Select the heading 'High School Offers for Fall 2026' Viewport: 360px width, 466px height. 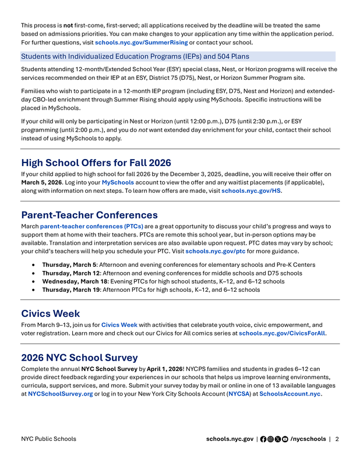(x=96, y=163)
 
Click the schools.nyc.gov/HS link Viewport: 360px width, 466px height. (x=251, y=190)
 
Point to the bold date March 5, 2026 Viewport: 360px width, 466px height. (x=41, y=182)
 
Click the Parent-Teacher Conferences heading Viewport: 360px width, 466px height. (x=89, y=215)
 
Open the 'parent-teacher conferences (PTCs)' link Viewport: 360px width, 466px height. (x=91, y=226)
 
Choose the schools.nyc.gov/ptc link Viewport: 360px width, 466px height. (x=215, y=251)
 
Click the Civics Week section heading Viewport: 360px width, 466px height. (x=51, y=313)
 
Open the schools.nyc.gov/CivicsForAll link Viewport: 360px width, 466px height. (x=282, y=333)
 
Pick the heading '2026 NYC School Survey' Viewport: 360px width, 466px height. (x=79, y=357)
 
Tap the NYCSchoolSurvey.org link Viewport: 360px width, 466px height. (x=61, y=394)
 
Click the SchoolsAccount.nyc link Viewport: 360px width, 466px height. (x=290, y=394)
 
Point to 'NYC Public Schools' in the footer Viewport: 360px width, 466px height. (x=48, y=439)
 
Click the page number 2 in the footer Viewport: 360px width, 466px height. (x=337, y=439)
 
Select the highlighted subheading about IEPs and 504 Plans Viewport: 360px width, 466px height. (x=135, y=57)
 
